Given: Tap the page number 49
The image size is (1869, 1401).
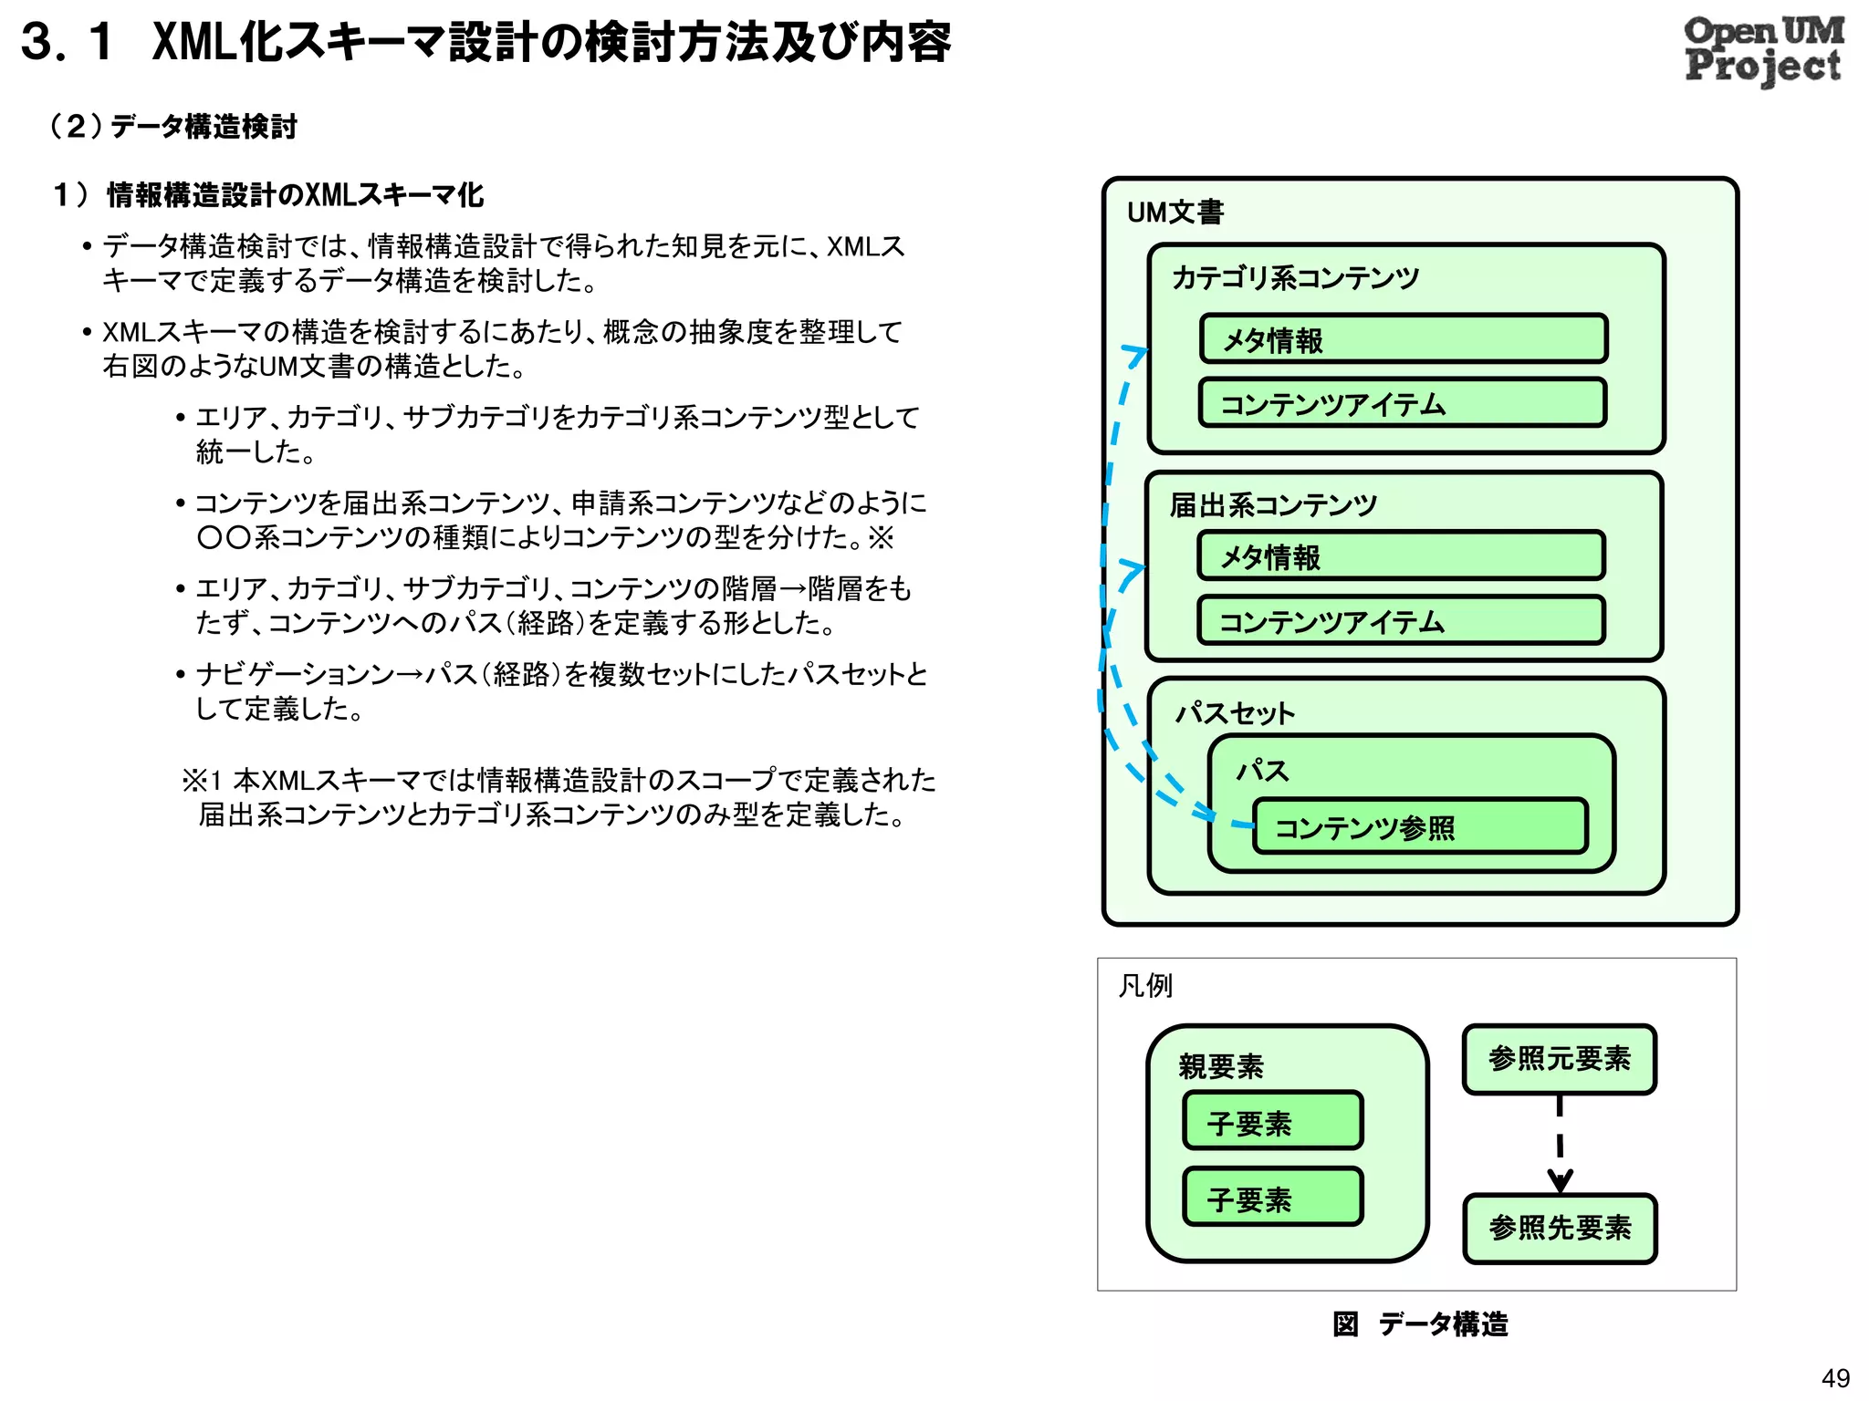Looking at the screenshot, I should click(x=1834, y=1377).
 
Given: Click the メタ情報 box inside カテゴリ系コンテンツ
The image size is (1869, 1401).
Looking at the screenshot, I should click(x=1403, y=339).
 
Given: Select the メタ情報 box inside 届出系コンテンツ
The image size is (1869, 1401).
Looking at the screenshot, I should click(x=1401, y=556).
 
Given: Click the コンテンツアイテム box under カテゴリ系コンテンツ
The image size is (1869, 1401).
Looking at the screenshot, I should click(x=1403, y=403).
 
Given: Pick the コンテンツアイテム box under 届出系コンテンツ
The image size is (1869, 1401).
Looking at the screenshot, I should click(x=1401, y=621).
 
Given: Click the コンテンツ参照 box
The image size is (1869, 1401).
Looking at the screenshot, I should click(x=1420, y=827).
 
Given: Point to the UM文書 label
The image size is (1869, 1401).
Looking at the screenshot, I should click(x=1175, y=213).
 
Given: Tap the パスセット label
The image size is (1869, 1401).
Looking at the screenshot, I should click(x=1235, y=712).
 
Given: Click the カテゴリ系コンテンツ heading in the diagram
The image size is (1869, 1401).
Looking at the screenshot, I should click(x=1295, y=277).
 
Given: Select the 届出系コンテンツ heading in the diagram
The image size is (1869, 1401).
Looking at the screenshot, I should click(x=1273, y=504).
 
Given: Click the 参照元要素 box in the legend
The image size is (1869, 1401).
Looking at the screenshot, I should click(x=1559, y=1059).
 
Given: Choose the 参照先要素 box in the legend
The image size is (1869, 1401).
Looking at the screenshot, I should click(x=1559, y=1229).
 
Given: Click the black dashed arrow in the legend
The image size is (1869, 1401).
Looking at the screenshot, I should click(x=1560, y=1145).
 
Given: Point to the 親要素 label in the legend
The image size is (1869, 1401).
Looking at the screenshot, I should click(x=1221, y=1066).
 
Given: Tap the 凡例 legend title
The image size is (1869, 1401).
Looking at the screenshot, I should click(x=1145, y=986).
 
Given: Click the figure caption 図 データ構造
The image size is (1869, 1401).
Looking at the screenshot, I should click(x=1420, y=1323).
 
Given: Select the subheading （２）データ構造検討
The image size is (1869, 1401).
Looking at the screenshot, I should click(x=173, y=126).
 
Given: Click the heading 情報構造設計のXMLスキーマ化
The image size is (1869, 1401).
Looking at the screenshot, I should click(x=295, y=194).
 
